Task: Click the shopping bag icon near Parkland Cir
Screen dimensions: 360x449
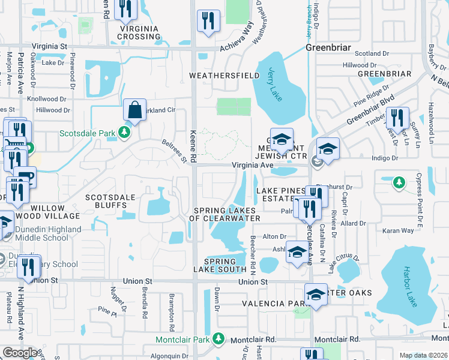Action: click(x=134, y=111)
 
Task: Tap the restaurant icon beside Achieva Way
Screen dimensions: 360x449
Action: click(x=208, y=21)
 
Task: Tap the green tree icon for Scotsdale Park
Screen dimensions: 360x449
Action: click(x=124, y=131)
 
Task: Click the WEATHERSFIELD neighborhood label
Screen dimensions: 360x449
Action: click(x=218, y=76)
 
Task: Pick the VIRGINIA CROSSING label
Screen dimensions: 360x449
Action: click(x=139, y=32)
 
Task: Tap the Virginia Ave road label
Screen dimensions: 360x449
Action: click(x=253, y=165)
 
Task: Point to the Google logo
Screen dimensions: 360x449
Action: click(x=20, y=353)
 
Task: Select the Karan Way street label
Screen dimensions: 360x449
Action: click(x=399, y=230)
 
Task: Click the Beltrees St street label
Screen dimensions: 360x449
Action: click(x=175, y=151)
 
